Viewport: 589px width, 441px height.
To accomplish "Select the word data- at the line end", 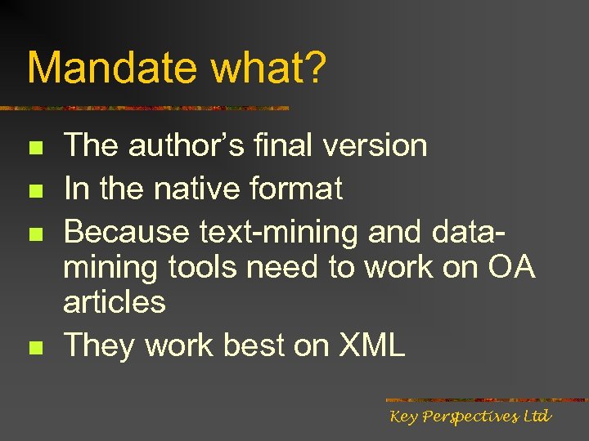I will click(463, 232).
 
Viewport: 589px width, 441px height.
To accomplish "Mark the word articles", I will click(115, 302).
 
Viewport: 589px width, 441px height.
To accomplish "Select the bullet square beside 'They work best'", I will click(34, 348).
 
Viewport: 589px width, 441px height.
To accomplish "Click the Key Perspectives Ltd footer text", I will click(470, 416).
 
